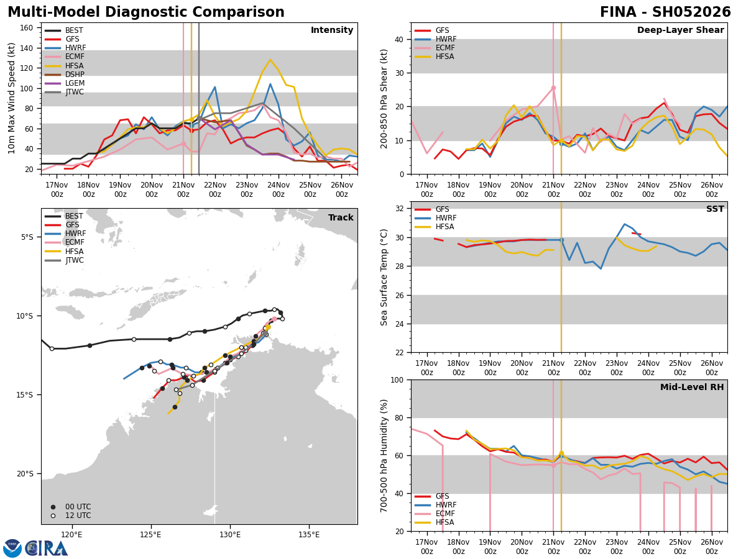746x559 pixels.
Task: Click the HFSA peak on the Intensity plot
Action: pos(270,60)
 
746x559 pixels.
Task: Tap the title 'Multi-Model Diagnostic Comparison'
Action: pos(146,12)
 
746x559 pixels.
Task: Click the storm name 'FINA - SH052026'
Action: pos(665,12)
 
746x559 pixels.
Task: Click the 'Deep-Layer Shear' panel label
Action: pos(680,30)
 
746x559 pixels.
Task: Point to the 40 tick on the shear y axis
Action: pos(399,39)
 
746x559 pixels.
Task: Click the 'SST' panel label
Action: pos(715,209)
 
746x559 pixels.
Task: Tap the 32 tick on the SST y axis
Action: pos(399,209)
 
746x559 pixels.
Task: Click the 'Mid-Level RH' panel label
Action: pos(692,388)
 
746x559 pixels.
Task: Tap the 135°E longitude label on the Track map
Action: pos(309,535)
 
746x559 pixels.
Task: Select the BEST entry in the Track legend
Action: pos(73,216)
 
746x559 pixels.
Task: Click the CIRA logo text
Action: pos(46,548)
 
